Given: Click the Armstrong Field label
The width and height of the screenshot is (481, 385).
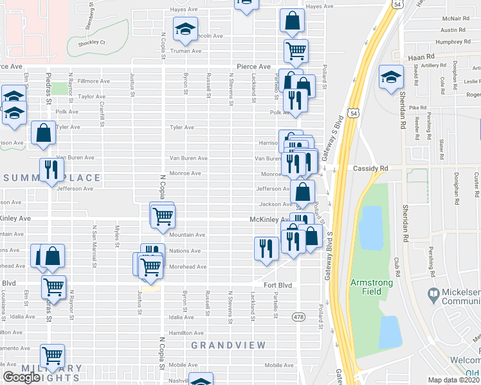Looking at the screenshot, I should (x=375, y=287).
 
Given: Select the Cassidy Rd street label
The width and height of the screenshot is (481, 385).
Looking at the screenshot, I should (x=370, y=169).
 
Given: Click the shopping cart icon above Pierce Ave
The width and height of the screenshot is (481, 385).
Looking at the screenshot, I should (x=296, y=50).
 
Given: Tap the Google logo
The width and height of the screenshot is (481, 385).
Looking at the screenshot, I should (x=21, y=377).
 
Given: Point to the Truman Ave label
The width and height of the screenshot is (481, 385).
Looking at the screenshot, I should (x=187, y=51).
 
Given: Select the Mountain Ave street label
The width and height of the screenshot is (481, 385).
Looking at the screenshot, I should (x=187, y=235).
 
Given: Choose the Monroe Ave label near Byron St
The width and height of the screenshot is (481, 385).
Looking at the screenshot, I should (x=185, y=173).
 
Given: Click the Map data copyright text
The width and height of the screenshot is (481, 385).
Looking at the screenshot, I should (x=454, y=380).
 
